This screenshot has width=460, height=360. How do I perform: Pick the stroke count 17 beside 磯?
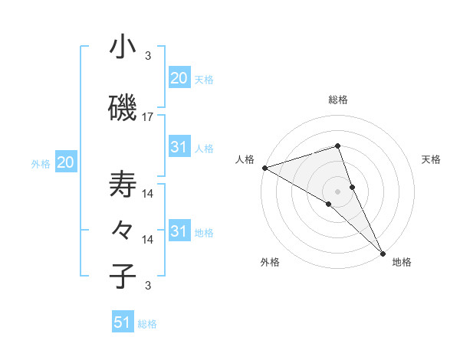148,117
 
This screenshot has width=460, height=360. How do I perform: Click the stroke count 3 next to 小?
148,56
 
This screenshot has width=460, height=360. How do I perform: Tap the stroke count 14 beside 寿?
148,193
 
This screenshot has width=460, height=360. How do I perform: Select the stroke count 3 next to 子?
148,286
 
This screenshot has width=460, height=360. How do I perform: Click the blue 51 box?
123,322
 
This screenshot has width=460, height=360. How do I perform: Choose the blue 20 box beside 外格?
66,162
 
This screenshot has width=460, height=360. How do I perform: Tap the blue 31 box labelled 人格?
179,147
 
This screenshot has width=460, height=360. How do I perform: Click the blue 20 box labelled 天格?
179,77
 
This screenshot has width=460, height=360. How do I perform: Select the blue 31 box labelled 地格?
179,231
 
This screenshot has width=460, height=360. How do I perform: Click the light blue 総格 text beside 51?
147,324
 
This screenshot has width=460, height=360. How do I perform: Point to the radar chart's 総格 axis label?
338,100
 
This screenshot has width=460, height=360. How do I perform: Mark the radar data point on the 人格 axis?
264,168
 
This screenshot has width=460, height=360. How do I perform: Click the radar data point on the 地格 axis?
383,252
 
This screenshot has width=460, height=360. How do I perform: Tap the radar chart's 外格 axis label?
270,263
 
